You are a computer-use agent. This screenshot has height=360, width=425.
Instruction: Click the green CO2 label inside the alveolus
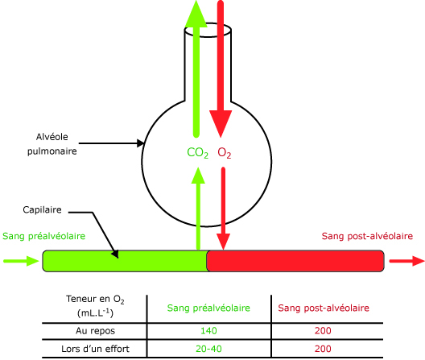[x=197, y=153]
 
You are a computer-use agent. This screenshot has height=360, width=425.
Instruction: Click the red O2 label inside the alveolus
[x=225, y=153]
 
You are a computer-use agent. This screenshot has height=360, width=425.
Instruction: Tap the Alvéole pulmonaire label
[x=52, y=144]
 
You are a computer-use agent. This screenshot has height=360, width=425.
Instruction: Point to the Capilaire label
[x=42, y=209]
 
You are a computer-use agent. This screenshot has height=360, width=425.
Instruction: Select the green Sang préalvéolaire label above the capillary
[x=44, y=236]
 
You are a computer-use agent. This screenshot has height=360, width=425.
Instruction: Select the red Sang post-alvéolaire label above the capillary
[x=367, y=236]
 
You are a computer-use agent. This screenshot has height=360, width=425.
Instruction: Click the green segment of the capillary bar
[x=125, y=261]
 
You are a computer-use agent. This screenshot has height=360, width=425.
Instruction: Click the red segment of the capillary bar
[x=295, y=261]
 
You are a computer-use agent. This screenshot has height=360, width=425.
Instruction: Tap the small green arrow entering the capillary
[x=21, y=261]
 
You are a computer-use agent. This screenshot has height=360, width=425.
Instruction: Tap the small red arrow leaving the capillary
[x=406, y=261]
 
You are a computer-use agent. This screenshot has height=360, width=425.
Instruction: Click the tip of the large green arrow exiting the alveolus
[x=196, y=1]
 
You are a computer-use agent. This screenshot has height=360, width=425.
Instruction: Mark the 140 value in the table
[x=208, y=331]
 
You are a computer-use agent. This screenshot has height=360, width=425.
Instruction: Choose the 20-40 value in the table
[x=208, y=349]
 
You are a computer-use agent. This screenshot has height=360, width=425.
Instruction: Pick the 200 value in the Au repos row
[x=323, y=331]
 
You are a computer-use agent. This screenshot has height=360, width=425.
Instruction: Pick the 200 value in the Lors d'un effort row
[x=323, y=349]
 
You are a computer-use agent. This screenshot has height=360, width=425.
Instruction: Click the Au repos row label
[x=95, y=331]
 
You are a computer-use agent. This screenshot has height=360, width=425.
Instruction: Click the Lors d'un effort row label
[x=95, y=349]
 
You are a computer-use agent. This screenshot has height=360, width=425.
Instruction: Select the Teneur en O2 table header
[x=95, y=306]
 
